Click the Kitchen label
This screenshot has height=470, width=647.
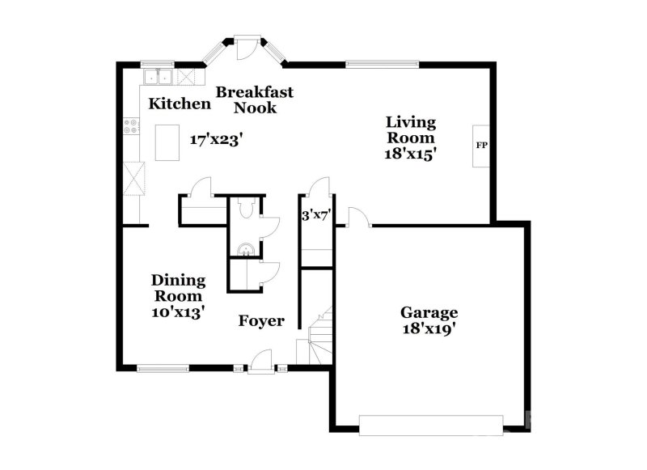[180, 104]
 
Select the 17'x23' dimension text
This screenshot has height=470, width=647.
[218, 139]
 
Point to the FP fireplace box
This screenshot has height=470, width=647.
[481, 146]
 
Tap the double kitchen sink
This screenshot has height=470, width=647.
[158, 77]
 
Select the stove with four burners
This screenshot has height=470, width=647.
[131, 127]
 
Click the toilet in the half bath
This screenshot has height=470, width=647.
[248, 210]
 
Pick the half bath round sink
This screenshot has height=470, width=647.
[246, 248]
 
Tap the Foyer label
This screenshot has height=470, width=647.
[260, 321]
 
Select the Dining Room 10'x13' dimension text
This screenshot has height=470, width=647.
[178, 311]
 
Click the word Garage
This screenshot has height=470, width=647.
[429, 312]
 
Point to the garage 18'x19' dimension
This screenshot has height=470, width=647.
[429, 329]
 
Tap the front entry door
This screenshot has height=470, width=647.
[260, 366]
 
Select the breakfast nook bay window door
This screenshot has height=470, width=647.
[243, 44]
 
